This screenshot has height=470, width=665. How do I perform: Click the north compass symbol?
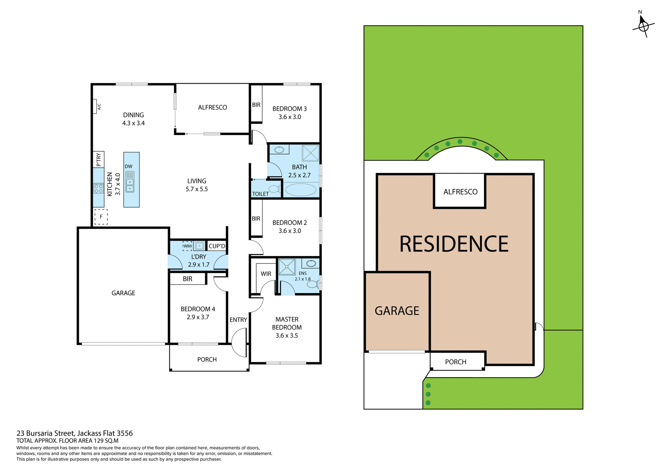point(643,26)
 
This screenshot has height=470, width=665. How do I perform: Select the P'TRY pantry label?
point(99,160)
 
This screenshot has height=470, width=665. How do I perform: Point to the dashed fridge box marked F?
point(101,217)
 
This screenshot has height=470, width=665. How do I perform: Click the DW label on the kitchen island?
point(128,166)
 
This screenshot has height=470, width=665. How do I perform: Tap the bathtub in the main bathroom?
point(300,190)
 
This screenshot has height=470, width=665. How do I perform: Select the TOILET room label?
point(260,194)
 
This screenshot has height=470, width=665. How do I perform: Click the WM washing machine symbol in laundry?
point(187,246)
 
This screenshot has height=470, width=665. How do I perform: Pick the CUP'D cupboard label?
point(217,246)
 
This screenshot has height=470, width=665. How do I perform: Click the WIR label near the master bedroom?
point(266,274)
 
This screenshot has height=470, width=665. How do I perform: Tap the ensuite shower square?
point(287,267)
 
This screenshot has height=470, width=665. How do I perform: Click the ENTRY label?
point(238,320)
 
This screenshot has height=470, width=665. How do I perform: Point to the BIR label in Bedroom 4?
point(187,279)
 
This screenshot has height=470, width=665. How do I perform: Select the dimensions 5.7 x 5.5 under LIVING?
point(197,189)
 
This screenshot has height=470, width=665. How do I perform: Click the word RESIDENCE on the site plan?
point(454,244)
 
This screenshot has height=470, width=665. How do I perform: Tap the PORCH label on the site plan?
point(455,362)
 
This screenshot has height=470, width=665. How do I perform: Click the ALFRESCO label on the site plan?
point(460,192)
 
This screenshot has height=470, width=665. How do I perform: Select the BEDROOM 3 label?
point(290,109)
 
